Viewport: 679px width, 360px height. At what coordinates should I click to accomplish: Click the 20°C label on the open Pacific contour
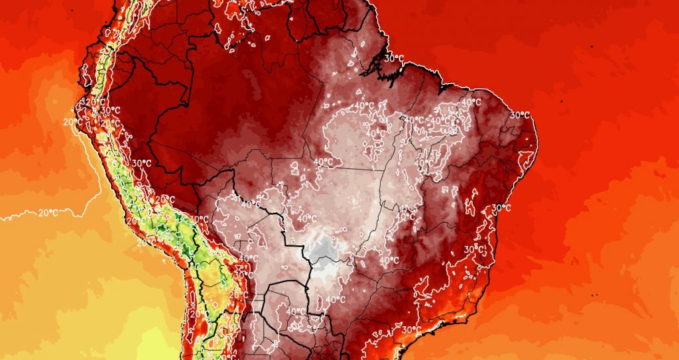[46, 213]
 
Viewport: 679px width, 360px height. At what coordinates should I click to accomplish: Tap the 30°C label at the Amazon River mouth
[394, 58]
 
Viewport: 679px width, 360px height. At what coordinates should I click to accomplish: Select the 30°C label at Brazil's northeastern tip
[520, 115]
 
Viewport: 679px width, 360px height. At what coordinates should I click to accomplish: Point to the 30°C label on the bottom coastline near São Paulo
[411, 330]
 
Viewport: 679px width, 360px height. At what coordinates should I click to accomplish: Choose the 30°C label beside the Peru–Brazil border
[142, 163]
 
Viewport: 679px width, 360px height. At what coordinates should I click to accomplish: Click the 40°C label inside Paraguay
[296, 311]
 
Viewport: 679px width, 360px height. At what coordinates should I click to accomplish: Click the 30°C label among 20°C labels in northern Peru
[110, 110]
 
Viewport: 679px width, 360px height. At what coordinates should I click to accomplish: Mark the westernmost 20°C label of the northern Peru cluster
[72, 121]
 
